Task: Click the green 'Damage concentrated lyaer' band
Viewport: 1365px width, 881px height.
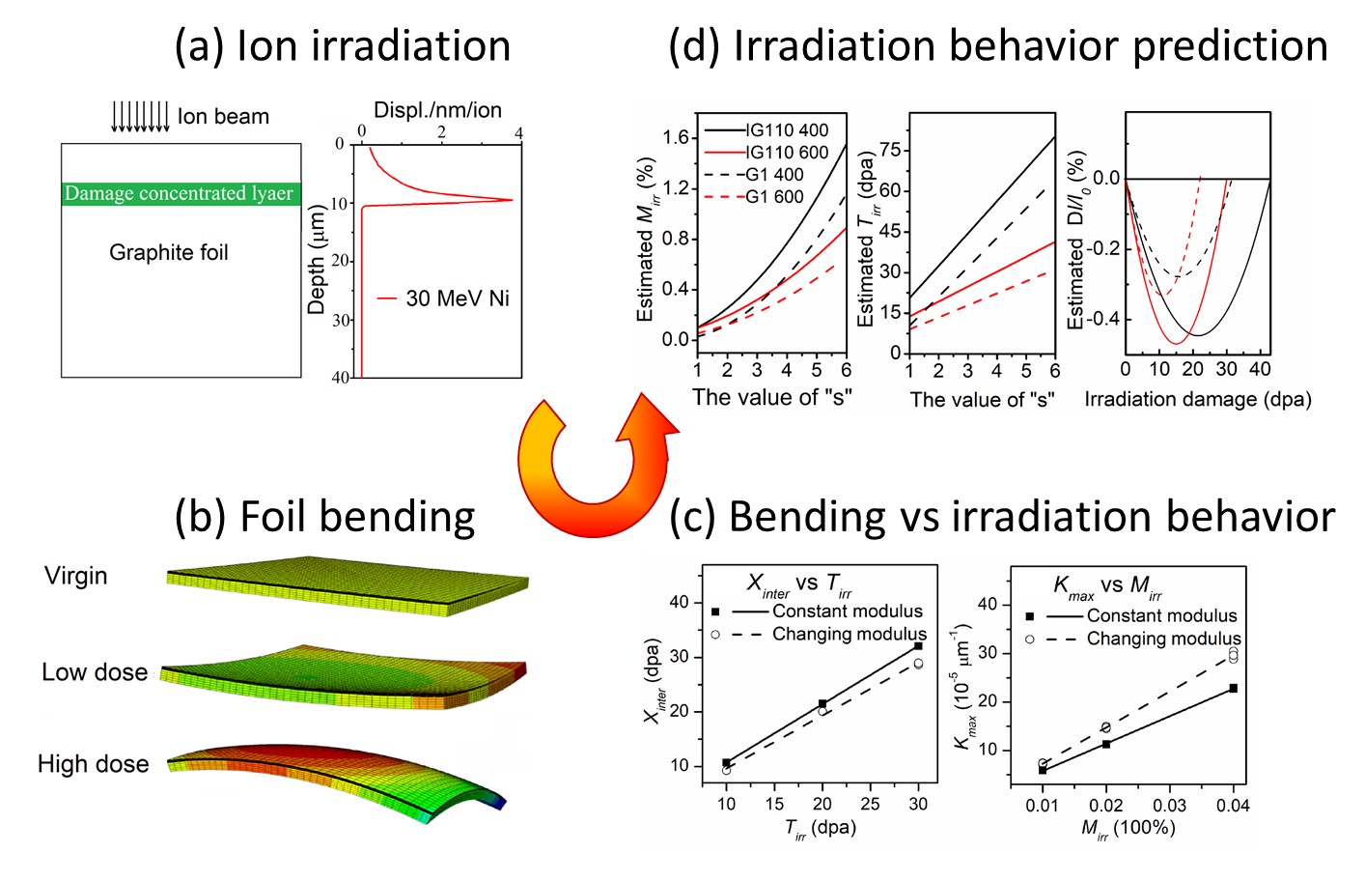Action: coord(181,194)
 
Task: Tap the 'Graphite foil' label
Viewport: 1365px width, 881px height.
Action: coord(169,253)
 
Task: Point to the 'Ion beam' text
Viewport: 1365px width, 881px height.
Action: coord(223,117)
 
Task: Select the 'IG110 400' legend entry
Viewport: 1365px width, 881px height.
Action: coord(786,130)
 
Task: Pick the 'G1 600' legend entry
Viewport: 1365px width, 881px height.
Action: coord(774,197)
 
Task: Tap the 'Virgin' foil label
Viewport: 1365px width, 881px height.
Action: coord(75,576)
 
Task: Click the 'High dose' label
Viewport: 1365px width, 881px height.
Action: coord(93,764)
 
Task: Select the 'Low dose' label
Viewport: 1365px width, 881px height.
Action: coord(95,672)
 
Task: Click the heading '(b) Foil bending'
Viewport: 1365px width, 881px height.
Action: coord(324,517)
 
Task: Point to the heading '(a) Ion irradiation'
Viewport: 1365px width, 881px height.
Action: coord(342,46)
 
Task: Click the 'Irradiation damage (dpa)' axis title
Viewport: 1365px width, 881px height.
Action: coord(1198,400)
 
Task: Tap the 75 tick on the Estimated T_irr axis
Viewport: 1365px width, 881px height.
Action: coord(890,150)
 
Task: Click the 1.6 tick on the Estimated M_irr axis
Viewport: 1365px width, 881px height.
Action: coord(676,137)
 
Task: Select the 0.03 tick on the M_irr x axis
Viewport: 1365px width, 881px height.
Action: coord(1170,805)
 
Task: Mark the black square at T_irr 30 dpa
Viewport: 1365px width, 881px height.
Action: coord(918,645)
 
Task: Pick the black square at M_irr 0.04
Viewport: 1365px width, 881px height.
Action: coord(1233,688)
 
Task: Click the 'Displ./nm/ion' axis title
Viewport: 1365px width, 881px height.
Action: coord(437,110)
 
